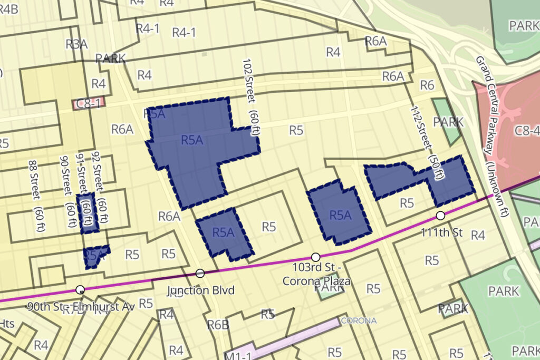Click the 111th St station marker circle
(440, 216)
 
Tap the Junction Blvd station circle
(200, 273)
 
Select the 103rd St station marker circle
(315, 257)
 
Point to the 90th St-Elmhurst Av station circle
(80, 289)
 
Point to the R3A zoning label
(76, 44)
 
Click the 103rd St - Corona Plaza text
(316, 275)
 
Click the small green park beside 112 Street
(446, 122)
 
